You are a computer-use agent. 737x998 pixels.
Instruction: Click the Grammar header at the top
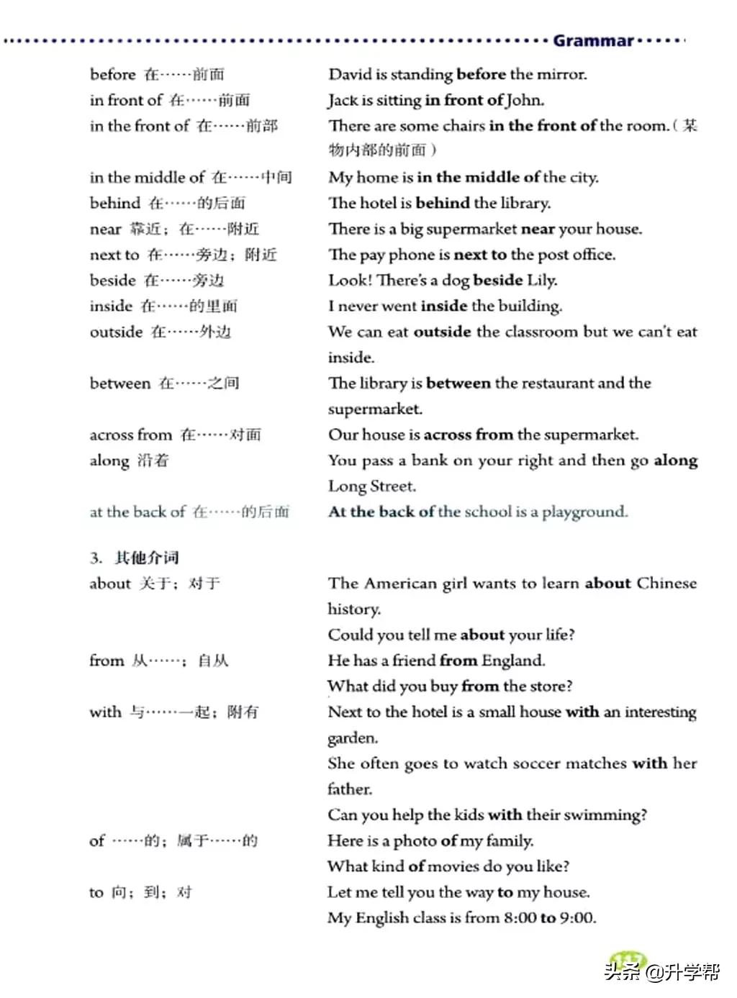pyautogui.click(x=593, y=40)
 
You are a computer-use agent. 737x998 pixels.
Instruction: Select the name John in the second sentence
pyautogui.click(x=525, y=100)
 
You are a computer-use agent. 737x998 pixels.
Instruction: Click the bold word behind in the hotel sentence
pyautogui.click(x=442, y=203)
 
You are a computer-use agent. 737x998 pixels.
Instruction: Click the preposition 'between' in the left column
pyautogui.click(x=120, y=384)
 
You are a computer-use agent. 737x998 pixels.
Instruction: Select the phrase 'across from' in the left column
pyautogui.click(x=130, y=435)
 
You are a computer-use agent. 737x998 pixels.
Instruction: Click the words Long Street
pyautogui.click(x=371, y=486)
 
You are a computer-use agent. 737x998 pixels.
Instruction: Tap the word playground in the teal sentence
pyautogui.click(x=584, y=512)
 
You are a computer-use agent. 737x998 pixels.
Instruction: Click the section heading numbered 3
pyautogui.click(x=135, y=558)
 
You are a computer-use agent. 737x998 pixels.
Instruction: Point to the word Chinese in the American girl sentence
pyautogui.click(x=666, y=584)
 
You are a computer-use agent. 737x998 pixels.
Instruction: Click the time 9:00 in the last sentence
pyautogui.click(x=577, y=918)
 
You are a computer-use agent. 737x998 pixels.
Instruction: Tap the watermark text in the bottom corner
pyautogui.click(x=662, y=973)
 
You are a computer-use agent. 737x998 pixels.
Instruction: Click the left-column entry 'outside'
pyautogui.click(x=116, y=332)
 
